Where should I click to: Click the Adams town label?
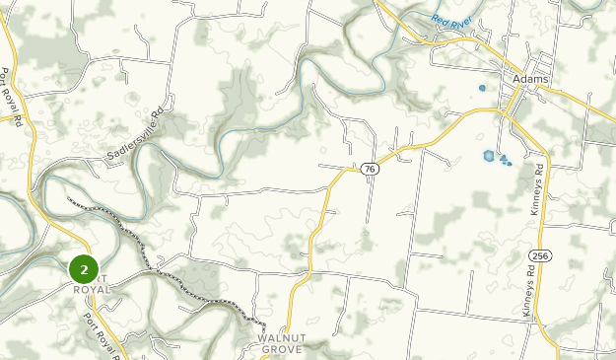pyautogui.click(x=530, y=79)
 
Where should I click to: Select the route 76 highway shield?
pyautogui.click(x=369, y=170)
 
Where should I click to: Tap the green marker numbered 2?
pyautogui.click(x=84, y=268)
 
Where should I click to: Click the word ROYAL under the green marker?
pyautogui.click(x=92, y=289)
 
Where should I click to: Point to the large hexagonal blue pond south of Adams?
pyautogui.click(x=489, y=155)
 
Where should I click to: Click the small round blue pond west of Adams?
pyautogui.click(x=482, y=88)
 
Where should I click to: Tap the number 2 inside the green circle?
pyautogui.click(x=84, y=268)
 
